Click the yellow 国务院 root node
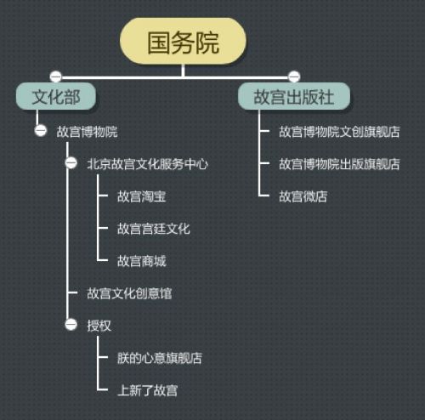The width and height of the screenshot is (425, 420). coord(183,42)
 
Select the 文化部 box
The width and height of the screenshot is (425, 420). coord(56,96)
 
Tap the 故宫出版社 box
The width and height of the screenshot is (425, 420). coord(294,96)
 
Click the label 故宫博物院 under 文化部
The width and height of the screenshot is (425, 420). coord(87,132)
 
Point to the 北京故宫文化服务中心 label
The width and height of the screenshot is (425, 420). coord(147,164)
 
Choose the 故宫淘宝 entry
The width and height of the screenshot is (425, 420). coord(142,196)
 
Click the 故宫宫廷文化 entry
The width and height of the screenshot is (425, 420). coord(154,229)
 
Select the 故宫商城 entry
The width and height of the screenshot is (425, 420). coord(142,261)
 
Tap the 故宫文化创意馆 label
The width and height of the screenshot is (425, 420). coord(129,293)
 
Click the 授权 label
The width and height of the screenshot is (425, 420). coord(99,326)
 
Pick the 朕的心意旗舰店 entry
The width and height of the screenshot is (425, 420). coord(160,358)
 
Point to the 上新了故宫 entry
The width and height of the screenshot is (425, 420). coord(148,390)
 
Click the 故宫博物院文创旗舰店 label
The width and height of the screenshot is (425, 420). coord(339,132)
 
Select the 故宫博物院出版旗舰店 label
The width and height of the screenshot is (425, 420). coord(339,164)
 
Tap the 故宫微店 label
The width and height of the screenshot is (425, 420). coord(303,196)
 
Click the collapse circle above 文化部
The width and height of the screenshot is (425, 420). coord(55,77)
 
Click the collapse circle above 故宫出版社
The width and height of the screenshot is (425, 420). coord(294,77)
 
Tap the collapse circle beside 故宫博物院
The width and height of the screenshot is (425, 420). coord(41,131)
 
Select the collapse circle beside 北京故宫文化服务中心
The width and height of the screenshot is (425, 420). coord(71,163)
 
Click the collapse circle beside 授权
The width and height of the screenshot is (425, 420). coord(71,325)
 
